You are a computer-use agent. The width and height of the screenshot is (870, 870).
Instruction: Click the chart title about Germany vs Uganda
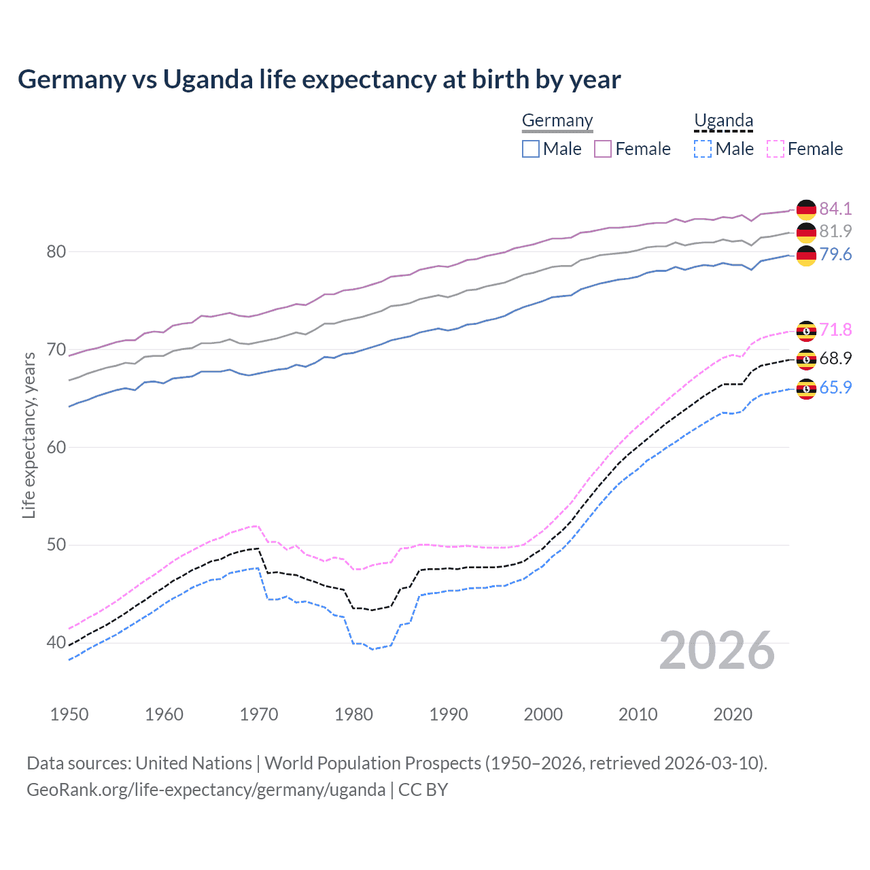point(319,80)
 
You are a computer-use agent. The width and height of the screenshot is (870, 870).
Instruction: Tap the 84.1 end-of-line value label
point(835,209)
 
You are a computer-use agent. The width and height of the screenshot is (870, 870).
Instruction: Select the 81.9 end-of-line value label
point(835,231)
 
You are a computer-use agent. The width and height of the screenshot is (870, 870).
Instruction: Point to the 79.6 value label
point(835,254)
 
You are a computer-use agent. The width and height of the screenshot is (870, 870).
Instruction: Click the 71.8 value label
point(835,330)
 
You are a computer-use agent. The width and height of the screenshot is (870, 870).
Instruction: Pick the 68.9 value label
point(835,358)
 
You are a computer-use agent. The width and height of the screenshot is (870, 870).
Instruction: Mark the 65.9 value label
point(835,387)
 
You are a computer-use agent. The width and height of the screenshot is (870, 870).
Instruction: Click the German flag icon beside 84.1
point(806,209)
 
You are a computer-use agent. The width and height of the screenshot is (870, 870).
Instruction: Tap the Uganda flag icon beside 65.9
point(806,389)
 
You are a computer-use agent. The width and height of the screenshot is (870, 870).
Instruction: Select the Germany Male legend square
point(531,149)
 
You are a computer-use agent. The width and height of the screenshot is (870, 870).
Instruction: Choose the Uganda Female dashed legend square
point(776,149)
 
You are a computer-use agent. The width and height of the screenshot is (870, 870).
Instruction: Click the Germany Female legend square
point(603,149)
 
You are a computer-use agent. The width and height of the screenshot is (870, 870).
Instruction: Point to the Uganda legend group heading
point(723,121)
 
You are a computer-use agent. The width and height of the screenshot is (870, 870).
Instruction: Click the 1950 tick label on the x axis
point(69,714)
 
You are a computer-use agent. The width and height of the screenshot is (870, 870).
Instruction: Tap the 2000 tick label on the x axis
point(543,714)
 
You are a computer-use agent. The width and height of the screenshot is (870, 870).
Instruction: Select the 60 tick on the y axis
point(56,447)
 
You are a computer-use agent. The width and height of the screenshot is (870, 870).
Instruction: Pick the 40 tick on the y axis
point(56,642)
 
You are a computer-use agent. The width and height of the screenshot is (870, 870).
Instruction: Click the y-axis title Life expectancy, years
point(29,435)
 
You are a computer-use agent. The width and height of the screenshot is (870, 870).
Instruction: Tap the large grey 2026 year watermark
point(717,650)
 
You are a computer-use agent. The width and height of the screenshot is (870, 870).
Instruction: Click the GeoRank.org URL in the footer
point(206,790)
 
